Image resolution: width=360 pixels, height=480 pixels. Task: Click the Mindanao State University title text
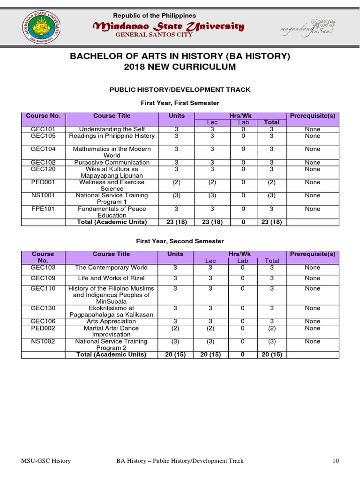tap(168, 26)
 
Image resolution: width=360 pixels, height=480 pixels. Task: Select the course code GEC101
tap(43, 129)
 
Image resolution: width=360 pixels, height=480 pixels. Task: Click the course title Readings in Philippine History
tap(112, 136)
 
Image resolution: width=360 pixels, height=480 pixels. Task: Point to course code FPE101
tap(43, 209)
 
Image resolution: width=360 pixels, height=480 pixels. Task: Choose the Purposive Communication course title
tap(112, 163)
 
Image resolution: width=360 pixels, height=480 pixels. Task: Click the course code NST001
tap(43, 195)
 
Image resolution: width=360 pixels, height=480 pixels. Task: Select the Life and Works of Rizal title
tap(112, 278)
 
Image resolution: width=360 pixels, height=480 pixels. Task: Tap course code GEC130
tap(43, 308)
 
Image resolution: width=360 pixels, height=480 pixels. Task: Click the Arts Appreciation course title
tap(112, 322)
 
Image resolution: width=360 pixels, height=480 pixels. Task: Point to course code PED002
tap(43, 328)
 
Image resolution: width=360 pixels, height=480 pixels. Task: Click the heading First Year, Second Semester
tap(180, 241)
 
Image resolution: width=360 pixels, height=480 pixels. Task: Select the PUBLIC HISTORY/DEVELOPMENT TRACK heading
tap(180, 90)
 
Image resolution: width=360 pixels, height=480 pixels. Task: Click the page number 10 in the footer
tap(335, 461)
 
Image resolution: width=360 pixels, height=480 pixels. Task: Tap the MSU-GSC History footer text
tap(46, 461)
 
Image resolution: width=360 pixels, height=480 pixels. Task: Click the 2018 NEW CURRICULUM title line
tap(180, 67)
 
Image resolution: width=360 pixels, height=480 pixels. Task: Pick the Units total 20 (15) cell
tap(176, 355)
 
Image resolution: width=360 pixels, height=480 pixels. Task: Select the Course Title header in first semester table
tap(112, 116)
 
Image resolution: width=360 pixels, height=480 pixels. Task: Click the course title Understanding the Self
tap(112, 129)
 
